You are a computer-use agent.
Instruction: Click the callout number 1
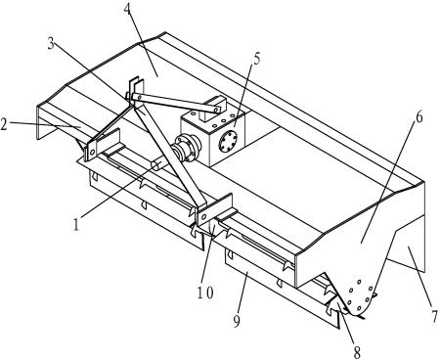tap(76, 224)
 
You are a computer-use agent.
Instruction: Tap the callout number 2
tap(4, 124)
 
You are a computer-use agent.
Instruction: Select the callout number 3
tap(51, 44)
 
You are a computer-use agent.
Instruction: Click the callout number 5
tap(257, 59)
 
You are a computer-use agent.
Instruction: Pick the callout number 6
tap(419, 116)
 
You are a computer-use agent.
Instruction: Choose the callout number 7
tap(434, 316)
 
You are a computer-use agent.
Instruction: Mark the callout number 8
tap(357, 352)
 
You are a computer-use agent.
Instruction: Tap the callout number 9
tap(237, 321)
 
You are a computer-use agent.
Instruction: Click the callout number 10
tap(205, 292)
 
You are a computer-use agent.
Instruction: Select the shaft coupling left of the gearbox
tap(186, 150)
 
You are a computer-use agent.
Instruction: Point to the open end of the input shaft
tap(155, 165)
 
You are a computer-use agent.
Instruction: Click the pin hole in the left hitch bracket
tap(93, 152)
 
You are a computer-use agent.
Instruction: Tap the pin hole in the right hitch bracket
tap(205, 216)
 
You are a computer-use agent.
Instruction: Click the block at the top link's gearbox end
tap(213, 108)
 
